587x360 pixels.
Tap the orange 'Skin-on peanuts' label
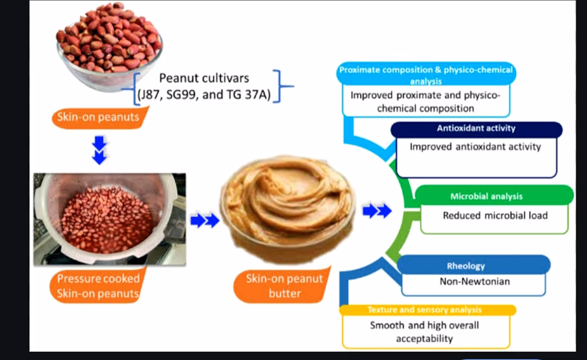(x=99, y=117)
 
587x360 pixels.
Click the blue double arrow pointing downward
(x=99, y=150)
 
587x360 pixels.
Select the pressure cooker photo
(x=110, y=219)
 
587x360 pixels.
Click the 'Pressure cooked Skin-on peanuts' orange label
(x=98, y=285)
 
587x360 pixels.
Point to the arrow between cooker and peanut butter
(x=205, y=220)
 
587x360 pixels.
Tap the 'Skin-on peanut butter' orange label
(x=283, y=285)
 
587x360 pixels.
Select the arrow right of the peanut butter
(x=377, y=210)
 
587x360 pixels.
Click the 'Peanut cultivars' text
(x=204, y=78)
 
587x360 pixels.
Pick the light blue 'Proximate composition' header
(x=426, y=74)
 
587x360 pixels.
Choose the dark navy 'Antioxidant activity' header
(x=476, y=129)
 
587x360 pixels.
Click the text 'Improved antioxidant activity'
(x=475, y=146)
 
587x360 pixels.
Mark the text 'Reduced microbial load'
(x=495, y=215)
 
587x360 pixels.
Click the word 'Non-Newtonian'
(x=474, y=281)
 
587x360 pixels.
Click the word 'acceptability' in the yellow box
(x=424, y=339)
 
